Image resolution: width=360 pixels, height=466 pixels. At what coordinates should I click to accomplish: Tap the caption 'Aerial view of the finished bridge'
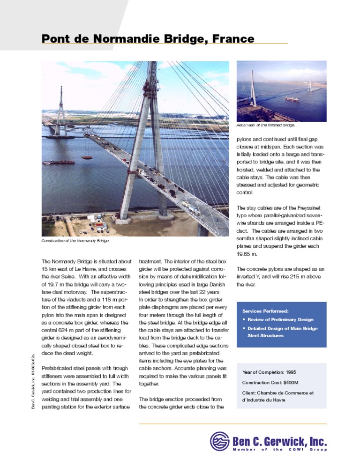tap(265, 125)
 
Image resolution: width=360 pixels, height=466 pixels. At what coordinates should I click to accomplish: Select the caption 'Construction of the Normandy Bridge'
tap(75, 241)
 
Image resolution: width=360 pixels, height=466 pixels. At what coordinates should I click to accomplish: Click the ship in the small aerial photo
tap(292, 99)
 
